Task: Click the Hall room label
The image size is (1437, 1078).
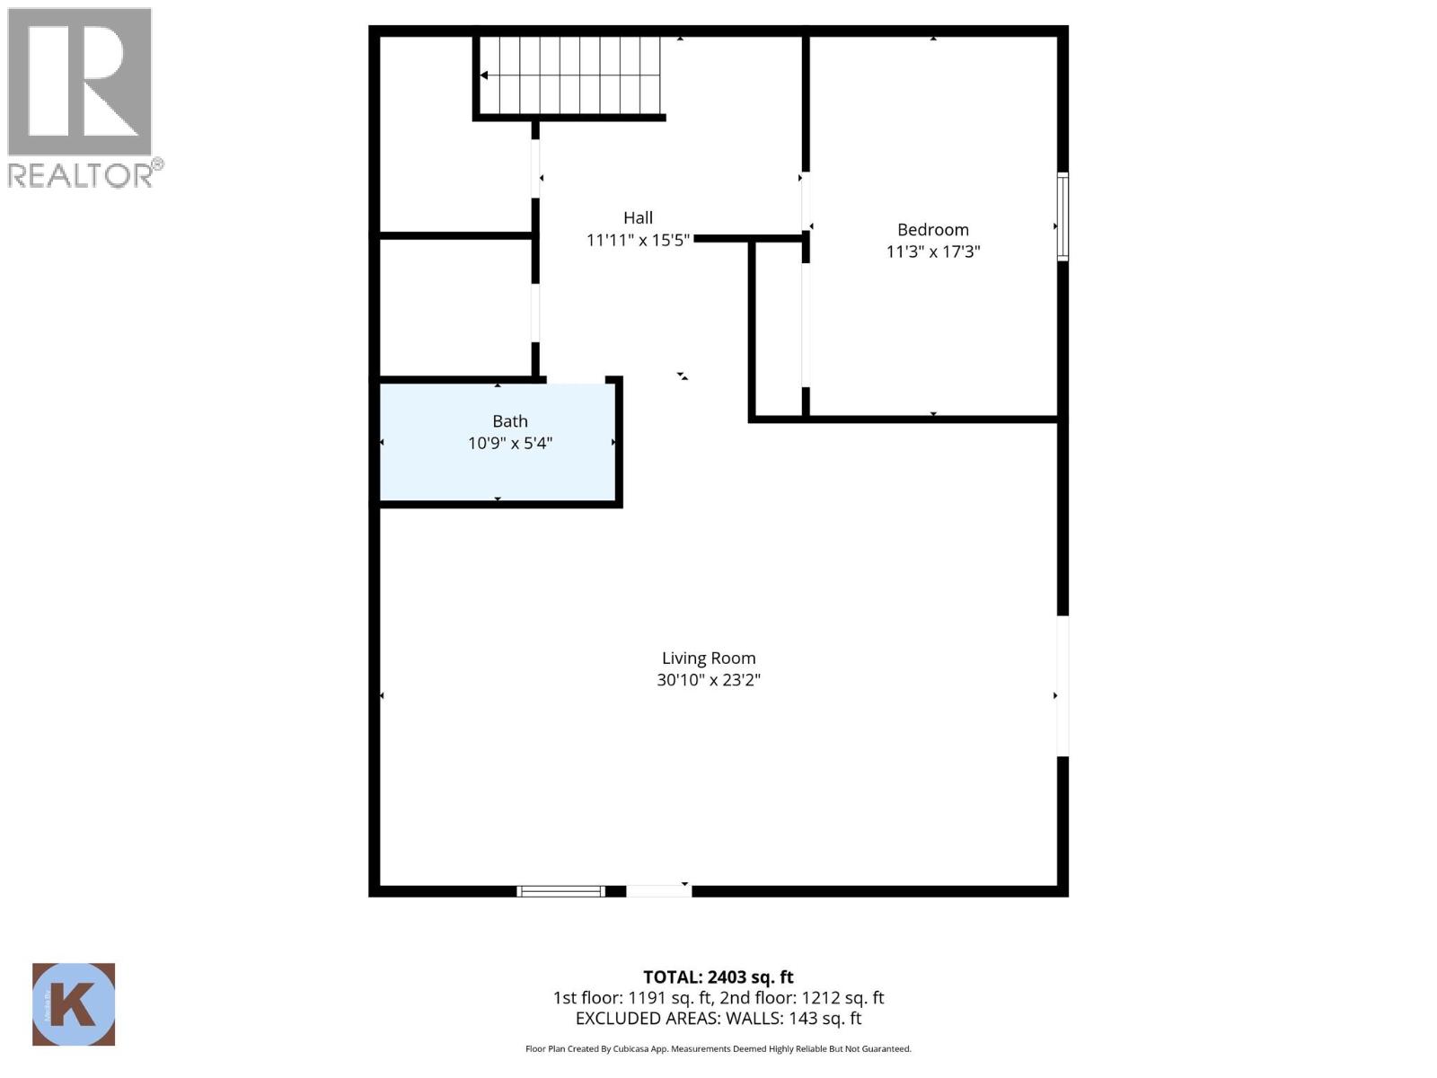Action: [x=638, y=217]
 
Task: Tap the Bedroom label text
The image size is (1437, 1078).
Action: [x=932, y=229]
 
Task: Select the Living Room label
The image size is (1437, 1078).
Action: [x=709, y=658]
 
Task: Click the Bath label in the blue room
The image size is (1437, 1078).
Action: [x=509, y=420]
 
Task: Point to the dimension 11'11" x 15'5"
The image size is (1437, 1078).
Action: [x=638, y=240]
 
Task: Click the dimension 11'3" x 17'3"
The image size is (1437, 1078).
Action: [x=932, y=252]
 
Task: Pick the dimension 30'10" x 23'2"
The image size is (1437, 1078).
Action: [x=709, y=680]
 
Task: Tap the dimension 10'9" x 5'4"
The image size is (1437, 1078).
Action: [x=509, y=443]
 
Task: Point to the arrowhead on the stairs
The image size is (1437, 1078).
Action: [x=484, y=75]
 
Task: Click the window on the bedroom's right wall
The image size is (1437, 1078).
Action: [x=1062, y=216]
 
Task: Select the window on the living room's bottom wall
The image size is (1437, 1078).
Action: [x=560, y=891]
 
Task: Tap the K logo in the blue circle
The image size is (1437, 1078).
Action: [x=74, y=1004]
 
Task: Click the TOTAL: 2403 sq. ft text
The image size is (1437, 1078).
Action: [x=718, y=976]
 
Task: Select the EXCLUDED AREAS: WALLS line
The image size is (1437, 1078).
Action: [x=718, y=1019]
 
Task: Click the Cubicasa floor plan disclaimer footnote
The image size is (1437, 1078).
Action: [x=718, y=1048]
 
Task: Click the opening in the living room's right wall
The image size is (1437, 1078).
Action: [x=1062, y=686]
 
